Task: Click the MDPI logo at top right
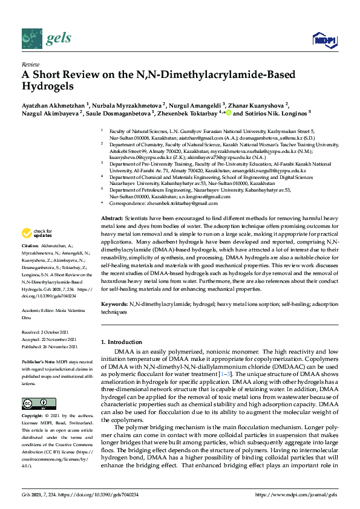[324, 40]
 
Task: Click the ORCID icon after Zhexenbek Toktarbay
[229, 112]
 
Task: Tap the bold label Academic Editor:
[38, 310]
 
